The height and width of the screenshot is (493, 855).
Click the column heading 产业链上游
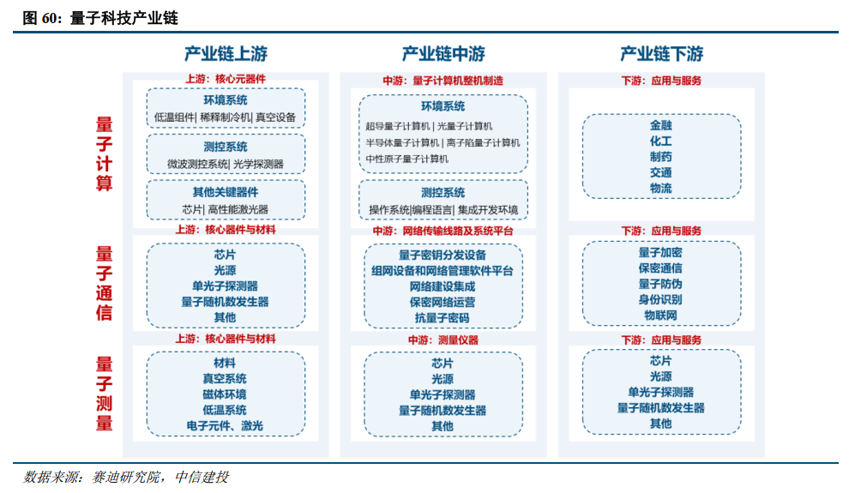click(226, 54)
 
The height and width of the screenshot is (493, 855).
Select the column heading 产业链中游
click(443, 54)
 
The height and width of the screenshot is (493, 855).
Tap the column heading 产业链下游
click(661, 54)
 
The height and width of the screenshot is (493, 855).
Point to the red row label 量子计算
click(104, 155)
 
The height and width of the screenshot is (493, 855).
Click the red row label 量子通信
click(104, 283)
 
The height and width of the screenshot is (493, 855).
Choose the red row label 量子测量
click(104, 394)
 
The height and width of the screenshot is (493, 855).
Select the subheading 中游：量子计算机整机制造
click(443, 81)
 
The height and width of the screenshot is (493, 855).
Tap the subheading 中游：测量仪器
click(443, 340)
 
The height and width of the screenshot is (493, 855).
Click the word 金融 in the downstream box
click(660, 125)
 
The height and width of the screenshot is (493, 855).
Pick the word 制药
click(660, 157)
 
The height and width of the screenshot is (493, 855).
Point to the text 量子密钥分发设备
click(443, 255)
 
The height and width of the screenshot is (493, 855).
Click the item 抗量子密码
click(443, 317)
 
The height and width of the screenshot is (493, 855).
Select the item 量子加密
click(660, 253)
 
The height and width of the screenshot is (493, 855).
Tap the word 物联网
click(660, 316)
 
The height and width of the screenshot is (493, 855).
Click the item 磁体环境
click(225, 394)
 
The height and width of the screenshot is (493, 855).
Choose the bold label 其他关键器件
click(226, 193)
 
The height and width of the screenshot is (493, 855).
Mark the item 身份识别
click(660, 300)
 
